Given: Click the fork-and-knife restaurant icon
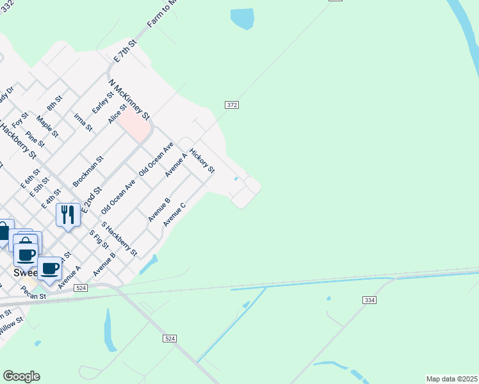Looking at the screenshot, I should pos(68,214).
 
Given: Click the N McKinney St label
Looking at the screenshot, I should pos(129,100).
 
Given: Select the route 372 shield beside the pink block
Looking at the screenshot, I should pos(232,104).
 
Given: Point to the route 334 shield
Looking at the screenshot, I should pos(369,300).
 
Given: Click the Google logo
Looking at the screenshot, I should pos(21,376).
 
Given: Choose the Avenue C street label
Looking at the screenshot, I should pos(174,214).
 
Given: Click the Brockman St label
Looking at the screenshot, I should pos(88,172).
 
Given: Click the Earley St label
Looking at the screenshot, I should pos(102,103).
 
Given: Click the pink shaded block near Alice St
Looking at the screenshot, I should pos(134,124).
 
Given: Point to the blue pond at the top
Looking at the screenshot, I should pos(242,18).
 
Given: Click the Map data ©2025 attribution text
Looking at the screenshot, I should pos(452,379).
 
